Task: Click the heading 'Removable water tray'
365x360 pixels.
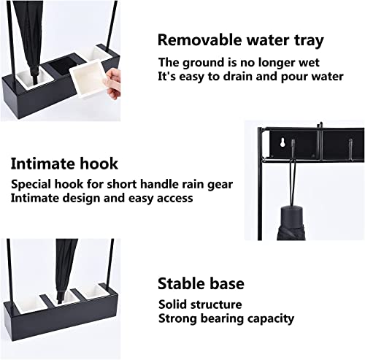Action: pyautogui.click(x=241, y=40)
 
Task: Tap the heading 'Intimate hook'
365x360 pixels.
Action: pyautogui.click(x=64, y=164)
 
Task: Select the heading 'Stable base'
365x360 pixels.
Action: pyautogui.click(x=201, y=283)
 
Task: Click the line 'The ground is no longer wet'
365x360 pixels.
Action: pyautogui.click(x=239, y=63)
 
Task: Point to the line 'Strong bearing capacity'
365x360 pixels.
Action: pyautogui.click(x=226, y=319)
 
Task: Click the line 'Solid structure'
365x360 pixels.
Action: pyautogui.click(x=200, y=305)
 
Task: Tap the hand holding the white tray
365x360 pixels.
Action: pyautogui.click(x=114, y=83)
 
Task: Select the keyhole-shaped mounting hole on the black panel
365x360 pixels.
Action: pyautogui.click(x=283, y=142)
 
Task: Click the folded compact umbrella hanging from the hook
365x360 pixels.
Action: pyautogui.click(x=291, y=223)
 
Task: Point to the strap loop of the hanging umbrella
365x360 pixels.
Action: pyautogui.click(x=292, y=184)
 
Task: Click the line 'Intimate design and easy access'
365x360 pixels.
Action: pyautogui.click(x=102, y=199)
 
